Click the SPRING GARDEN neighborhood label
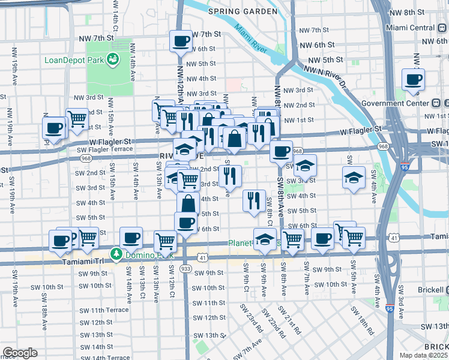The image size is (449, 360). pos(243,11)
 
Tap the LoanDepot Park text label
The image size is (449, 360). pos(72,61)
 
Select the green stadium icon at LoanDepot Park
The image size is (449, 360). pos(112,59)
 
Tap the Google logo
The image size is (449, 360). pos(20,353)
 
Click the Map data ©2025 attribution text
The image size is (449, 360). pos(424,355)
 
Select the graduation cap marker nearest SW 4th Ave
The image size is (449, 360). pos(354,177)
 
